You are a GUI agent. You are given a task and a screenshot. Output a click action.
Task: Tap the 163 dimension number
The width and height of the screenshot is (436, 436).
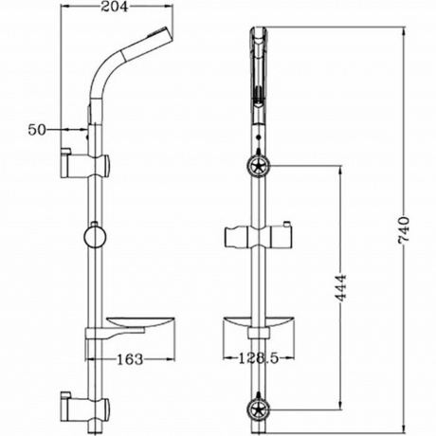pos(131,359)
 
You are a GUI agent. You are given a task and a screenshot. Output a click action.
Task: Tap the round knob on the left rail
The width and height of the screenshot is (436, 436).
pos(95,234)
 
